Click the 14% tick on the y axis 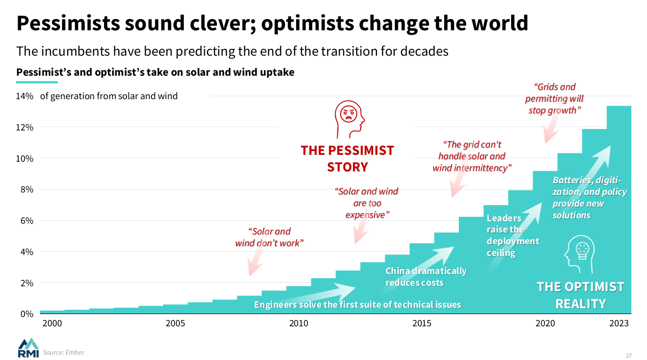pyautogui.click(x=24, y=96)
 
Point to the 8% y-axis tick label pyautogui.click(x=24, y=190)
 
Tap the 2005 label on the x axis pyautogui.click(x=175, y=323)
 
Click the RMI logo pyautogui.click(x=28, y=347)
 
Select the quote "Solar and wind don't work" pyautogui.click(x=269, y=237)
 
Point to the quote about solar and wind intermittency pyautogui.click(x=472, y=156)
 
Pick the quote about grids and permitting pyautogui.click(x=554, y=99)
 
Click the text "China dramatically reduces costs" pyautogui.click(x=426, y=277)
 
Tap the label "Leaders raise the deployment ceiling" pyautogui.click(x=513, y=235)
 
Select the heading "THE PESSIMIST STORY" pyautogui.click(x=347, y=158)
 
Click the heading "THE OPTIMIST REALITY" pyautogui.click(x=581, y=295)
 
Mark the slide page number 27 pyautogui.click(x=629, y=355)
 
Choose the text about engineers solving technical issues pyautogui.click(x=357, y=305)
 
